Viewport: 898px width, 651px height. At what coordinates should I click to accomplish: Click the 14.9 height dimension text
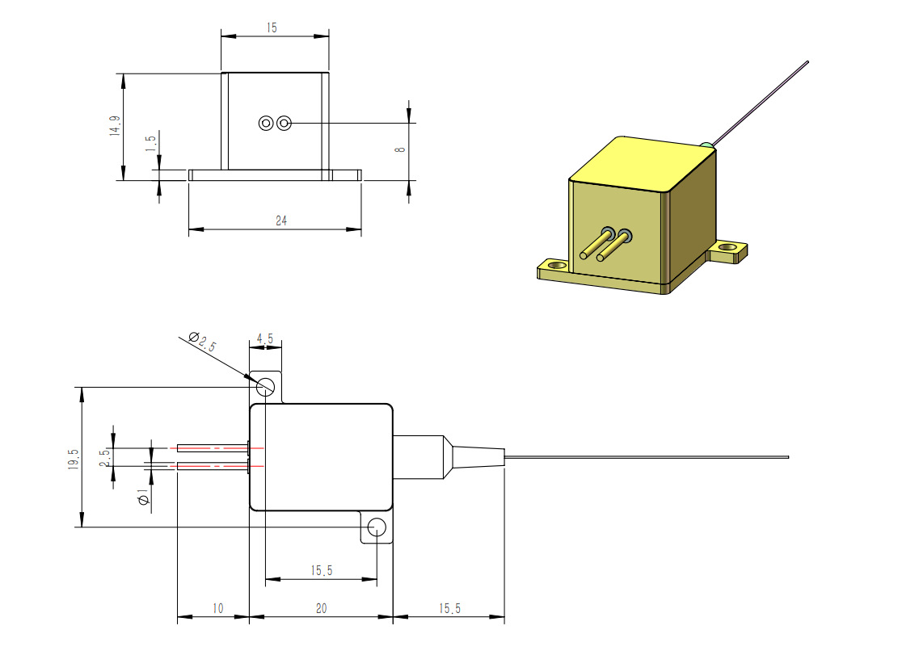[x=116, y=126]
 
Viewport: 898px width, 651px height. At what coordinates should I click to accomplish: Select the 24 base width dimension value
[x=281, y=220]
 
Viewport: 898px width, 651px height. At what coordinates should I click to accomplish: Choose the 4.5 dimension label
[x=265, y=338]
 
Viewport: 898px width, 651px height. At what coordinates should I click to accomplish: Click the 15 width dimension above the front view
[x=271, y=27]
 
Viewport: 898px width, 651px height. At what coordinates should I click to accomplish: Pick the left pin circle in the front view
[x=266, y=123]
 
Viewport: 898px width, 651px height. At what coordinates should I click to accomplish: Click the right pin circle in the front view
[x=283, y=123]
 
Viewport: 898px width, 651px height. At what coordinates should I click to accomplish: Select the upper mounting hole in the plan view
[x=264, y=387]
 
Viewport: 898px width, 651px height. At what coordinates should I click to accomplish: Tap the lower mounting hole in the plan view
[x=376, y=528]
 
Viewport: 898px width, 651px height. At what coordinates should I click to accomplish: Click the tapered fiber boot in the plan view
[x=477, y=457]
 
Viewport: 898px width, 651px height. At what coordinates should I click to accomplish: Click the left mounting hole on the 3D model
[x=556, y=265]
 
